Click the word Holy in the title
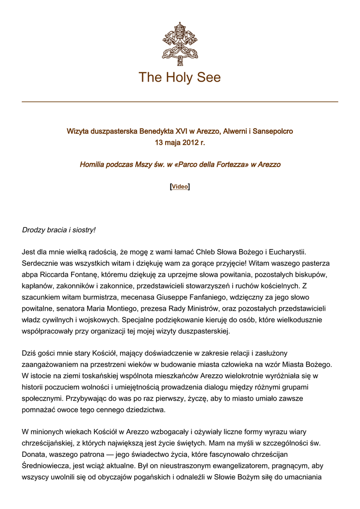[x=180, y=78]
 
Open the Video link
[x=180, y=187]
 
